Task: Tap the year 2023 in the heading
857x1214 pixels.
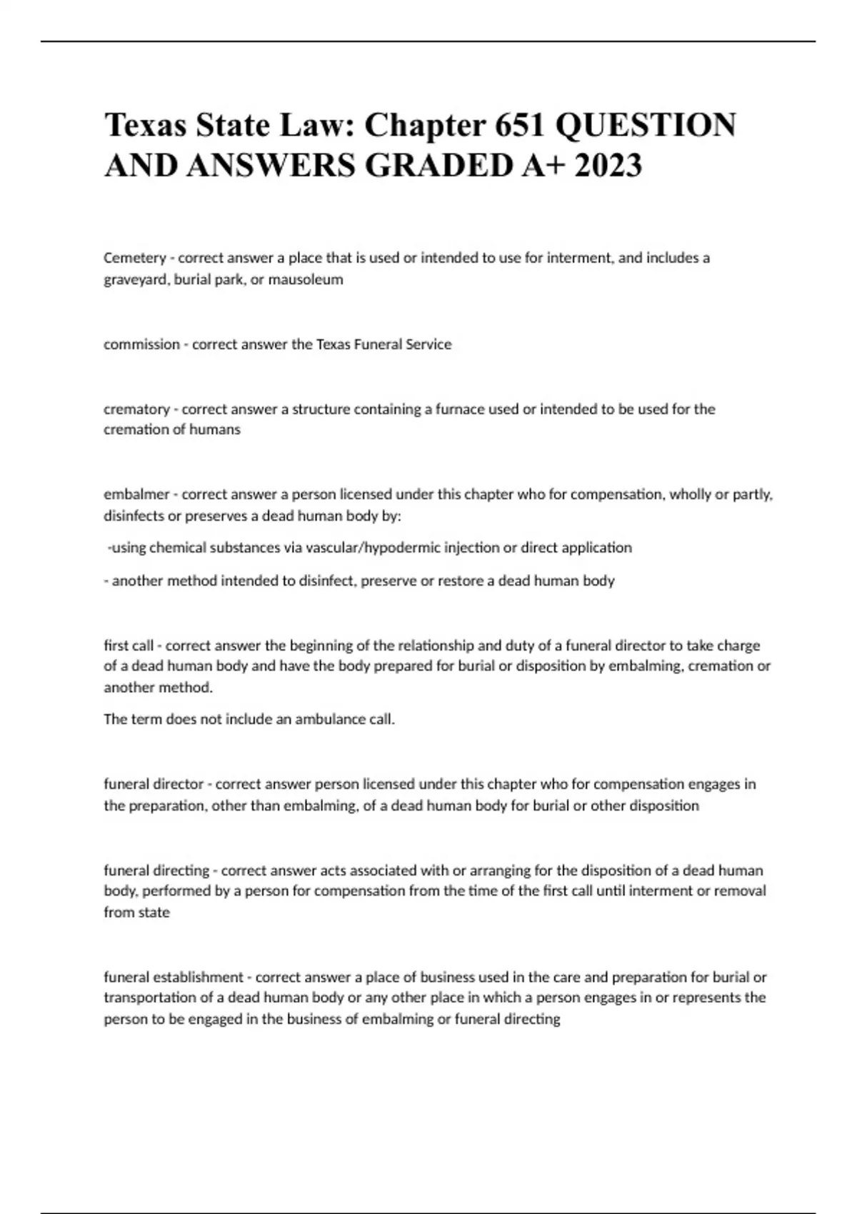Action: [x=607, y=166]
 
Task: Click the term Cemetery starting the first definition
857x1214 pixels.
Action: [x=134, y=258]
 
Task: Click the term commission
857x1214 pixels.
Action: [x=141, y=344]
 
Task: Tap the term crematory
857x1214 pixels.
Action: [x=136, y=409]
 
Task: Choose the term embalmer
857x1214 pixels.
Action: [x=136, y=494]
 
